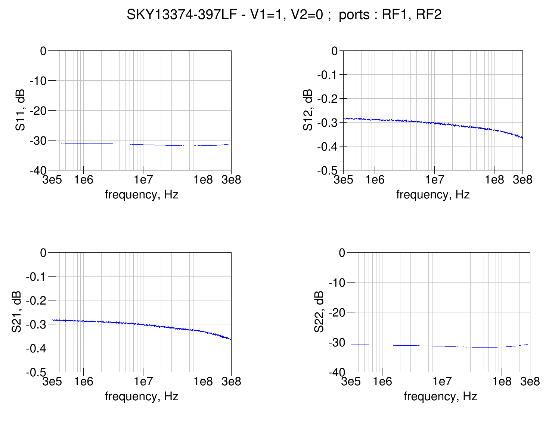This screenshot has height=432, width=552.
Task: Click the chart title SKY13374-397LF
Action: point(284,15)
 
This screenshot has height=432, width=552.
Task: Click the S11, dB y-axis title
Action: point(21,110)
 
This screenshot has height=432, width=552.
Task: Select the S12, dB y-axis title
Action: point(308,110)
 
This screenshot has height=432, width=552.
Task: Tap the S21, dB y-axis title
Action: point(16,312)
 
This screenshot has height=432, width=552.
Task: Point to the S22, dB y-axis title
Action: point(319,312)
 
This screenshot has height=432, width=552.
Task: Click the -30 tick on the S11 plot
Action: point(38,141)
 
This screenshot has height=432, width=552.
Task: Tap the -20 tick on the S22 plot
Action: point(337,312)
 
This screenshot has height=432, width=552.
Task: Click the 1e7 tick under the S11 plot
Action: point(143,180)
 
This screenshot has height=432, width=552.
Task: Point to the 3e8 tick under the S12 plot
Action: point(522,180)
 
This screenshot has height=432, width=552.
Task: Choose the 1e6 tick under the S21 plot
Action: point(83,382)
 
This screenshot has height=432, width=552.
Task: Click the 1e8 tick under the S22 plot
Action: point(502,382)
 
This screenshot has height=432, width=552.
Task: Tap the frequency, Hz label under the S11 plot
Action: point(142,194)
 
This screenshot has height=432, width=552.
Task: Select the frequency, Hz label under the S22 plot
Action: point(440,396)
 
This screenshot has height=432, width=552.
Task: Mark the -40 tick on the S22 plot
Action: point(337,372)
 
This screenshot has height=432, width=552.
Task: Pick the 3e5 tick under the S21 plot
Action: point(52,382)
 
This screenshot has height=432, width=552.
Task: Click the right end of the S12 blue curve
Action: point(522,138)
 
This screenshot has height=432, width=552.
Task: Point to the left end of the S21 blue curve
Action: point(52,320)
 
